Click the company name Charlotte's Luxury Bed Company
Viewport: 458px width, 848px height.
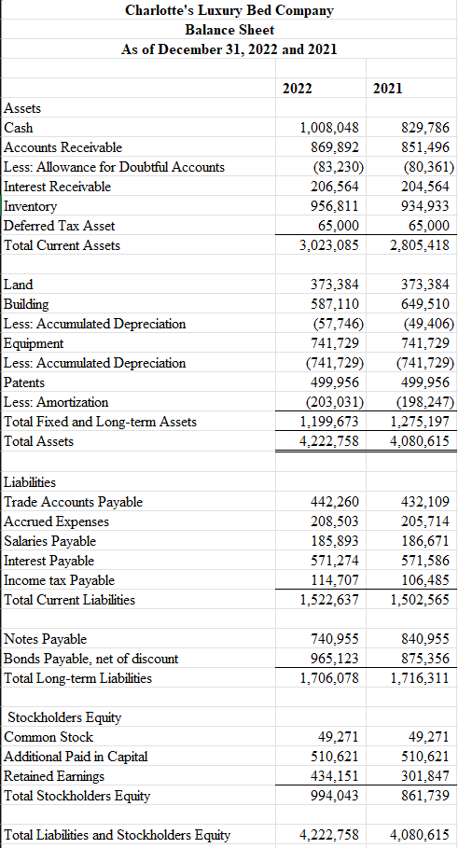click(229, 11)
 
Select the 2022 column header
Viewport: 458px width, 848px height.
click(297, 88)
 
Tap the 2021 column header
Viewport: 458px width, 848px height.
click(387, 88)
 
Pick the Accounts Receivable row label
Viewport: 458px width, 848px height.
click(63, 147)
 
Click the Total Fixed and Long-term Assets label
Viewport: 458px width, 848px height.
click(101, 422)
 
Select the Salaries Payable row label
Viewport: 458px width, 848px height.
click(50, 541)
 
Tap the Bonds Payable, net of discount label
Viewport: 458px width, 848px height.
click(91, 659)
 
